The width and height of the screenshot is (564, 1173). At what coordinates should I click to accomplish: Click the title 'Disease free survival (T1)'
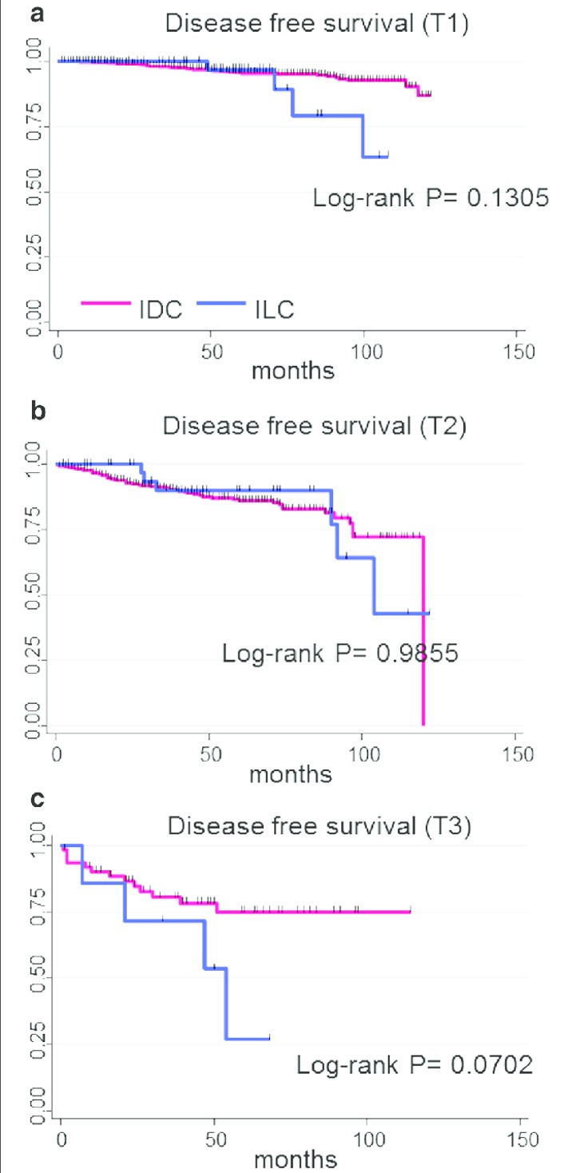pos(317,23)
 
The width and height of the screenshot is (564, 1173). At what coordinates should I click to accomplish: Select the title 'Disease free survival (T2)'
pos(314,426)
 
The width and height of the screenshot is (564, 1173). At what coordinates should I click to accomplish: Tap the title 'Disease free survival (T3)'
pos(320,825)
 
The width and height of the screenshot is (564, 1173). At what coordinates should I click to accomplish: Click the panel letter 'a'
pos(38,14)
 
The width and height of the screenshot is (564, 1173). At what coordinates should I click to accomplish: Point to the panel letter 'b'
pos(38,410)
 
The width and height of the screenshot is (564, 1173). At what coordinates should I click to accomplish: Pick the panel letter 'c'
pos(38,800)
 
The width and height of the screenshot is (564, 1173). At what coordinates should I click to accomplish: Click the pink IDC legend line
pos(105,303)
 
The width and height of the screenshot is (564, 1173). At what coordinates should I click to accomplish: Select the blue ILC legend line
pos(221,303)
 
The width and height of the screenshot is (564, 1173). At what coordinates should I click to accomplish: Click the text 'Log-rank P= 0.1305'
pos(431,198)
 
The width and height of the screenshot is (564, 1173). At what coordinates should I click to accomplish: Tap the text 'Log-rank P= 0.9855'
pos(340,653)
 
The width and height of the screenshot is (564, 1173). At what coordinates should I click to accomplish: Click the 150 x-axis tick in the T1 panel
pos(519,352)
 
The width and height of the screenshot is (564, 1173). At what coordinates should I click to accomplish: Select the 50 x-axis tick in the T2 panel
pos(211,754)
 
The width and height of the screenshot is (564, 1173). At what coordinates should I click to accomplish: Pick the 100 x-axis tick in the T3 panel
pos(368,1140)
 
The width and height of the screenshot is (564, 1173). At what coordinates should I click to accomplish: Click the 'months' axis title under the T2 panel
pos(291,774)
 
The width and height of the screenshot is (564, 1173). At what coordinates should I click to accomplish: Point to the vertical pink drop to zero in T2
pos(423,630)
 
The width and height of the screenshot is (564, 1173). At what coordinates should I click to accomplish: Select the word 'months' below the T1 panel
pos(292,370)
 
